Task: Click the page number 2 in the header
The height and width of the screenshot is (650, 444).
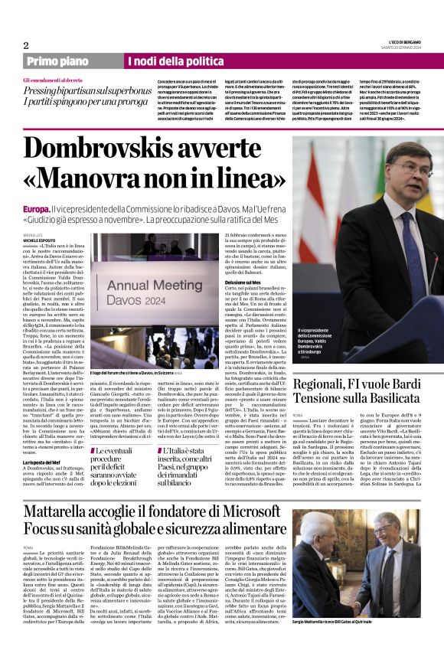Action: tap(26, 44)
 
